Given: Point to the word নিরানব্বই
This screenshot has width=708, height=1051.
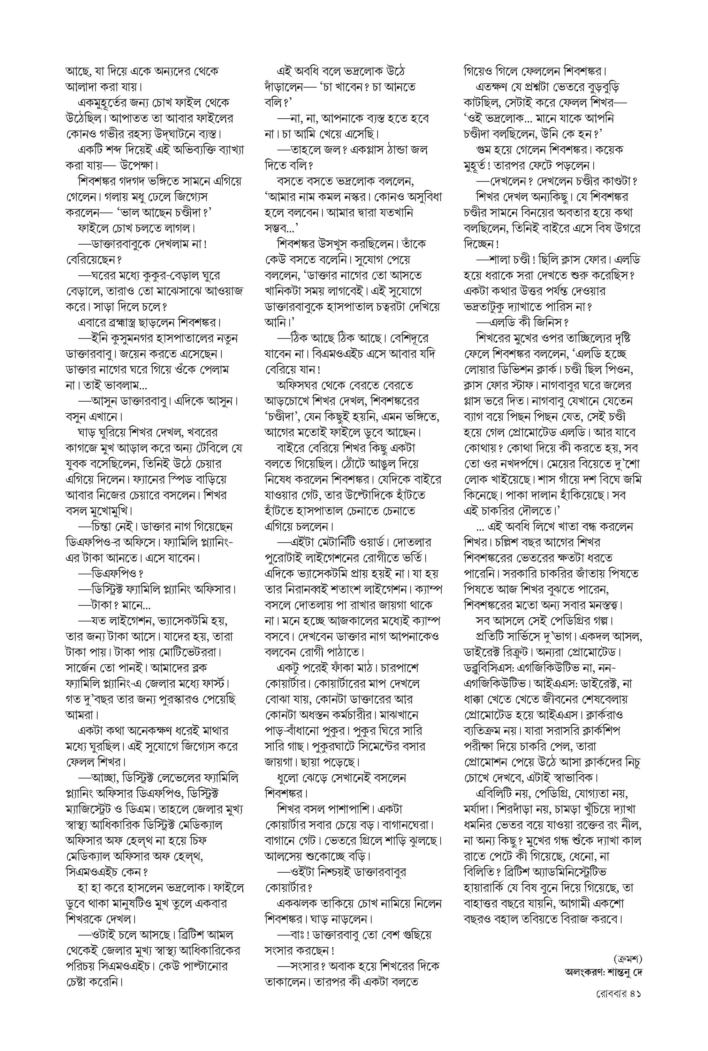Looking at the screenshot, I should click(x=309, y=590).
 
